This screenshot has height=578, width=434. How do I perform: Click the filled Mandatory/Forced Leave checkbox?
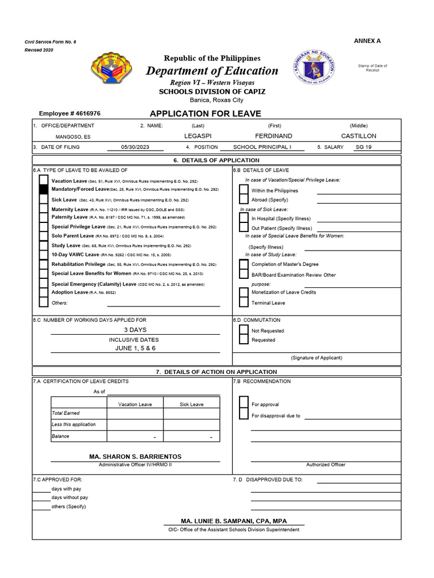tap(44, 190)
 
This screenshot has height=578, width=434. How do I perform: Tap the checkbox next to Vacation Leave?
tap(44, 180)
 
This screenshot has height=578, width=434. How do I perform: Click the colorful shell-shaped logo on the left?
tap(112, 71)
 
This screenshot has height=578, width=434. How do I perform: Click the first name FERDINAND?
tap(274, 136)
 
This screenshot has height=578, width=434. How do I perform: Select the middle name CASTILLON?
tap(358, 136)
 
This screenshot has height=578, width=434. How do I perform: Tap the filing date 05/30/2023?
tap(135, 147)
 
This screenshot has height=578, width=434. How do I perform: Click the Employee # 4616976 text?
tap(70, 113)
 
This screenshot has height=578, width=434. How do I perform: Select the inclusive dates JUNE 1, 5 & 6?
tap(135, 348)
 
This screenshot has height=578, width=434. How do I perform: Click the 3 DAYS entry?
tap(135, 330)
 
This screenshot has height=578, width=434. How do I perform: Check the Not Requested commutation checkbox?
tap(244, 330)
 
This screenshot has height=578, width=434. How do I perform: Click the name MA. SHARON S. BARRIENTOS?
tap(135, 456)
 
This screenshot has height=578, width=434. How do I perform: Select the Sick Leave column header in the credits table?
tap(192, 404)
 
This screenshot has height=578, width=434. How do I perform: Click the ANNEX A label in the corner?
tap(367, 41)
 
